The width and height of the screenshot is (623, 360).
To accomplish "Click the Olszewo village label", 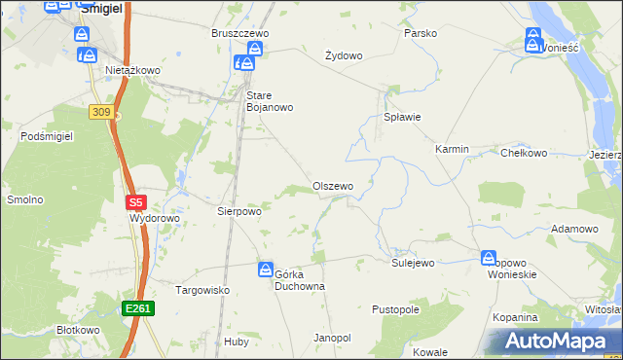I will [x=333, y=186].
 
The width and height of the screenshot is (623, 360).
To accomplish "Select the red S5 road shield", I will [x=136, y=203].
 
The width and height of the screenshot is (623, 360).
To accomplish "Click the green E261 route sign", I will [x=137, y=308].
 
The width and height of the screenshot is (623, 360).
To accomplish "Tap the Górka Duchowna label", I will [x=299, y=280].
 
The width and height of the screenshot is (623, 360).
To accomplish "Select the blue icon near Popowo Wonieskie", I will [x=488, y=258].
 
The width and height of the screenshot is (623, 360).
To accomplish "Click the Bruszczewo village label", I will [x=240, y=33].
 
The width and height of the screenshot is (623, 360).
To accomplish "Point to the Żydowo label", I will [x=344, y=55].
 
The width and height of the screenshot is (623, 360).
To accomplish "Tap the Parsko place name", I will [x=421, y=33].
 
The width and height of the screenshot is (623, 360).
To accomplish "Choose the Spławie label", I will [x=400, y=118].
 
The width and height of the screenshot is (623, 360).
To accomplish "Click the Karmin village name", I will [x=452, y=150].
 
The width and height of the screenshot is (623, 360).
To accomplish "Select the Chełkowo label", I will [x=524, y=153].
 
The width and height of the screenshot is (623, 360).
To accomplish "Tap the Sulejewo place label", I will [x=413, y=263].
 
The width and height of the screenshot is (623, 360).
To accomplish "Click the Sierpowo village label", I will [x=239, y=210].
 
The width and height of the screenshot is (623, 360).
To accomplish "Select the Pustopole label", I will [x=395, y=309].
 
